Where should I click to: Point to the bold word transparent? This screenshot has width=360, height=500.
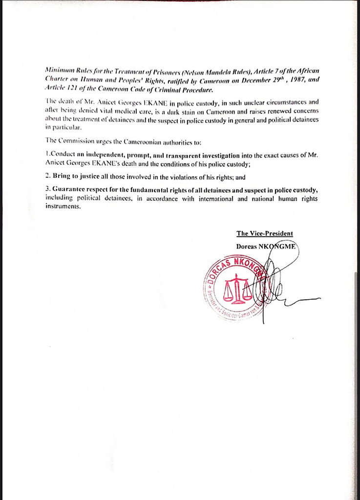190,155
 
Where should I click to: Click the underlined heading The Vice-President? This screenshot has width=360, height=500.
265,233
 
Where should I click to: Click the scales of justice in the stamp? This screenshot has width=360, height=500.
238,289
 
